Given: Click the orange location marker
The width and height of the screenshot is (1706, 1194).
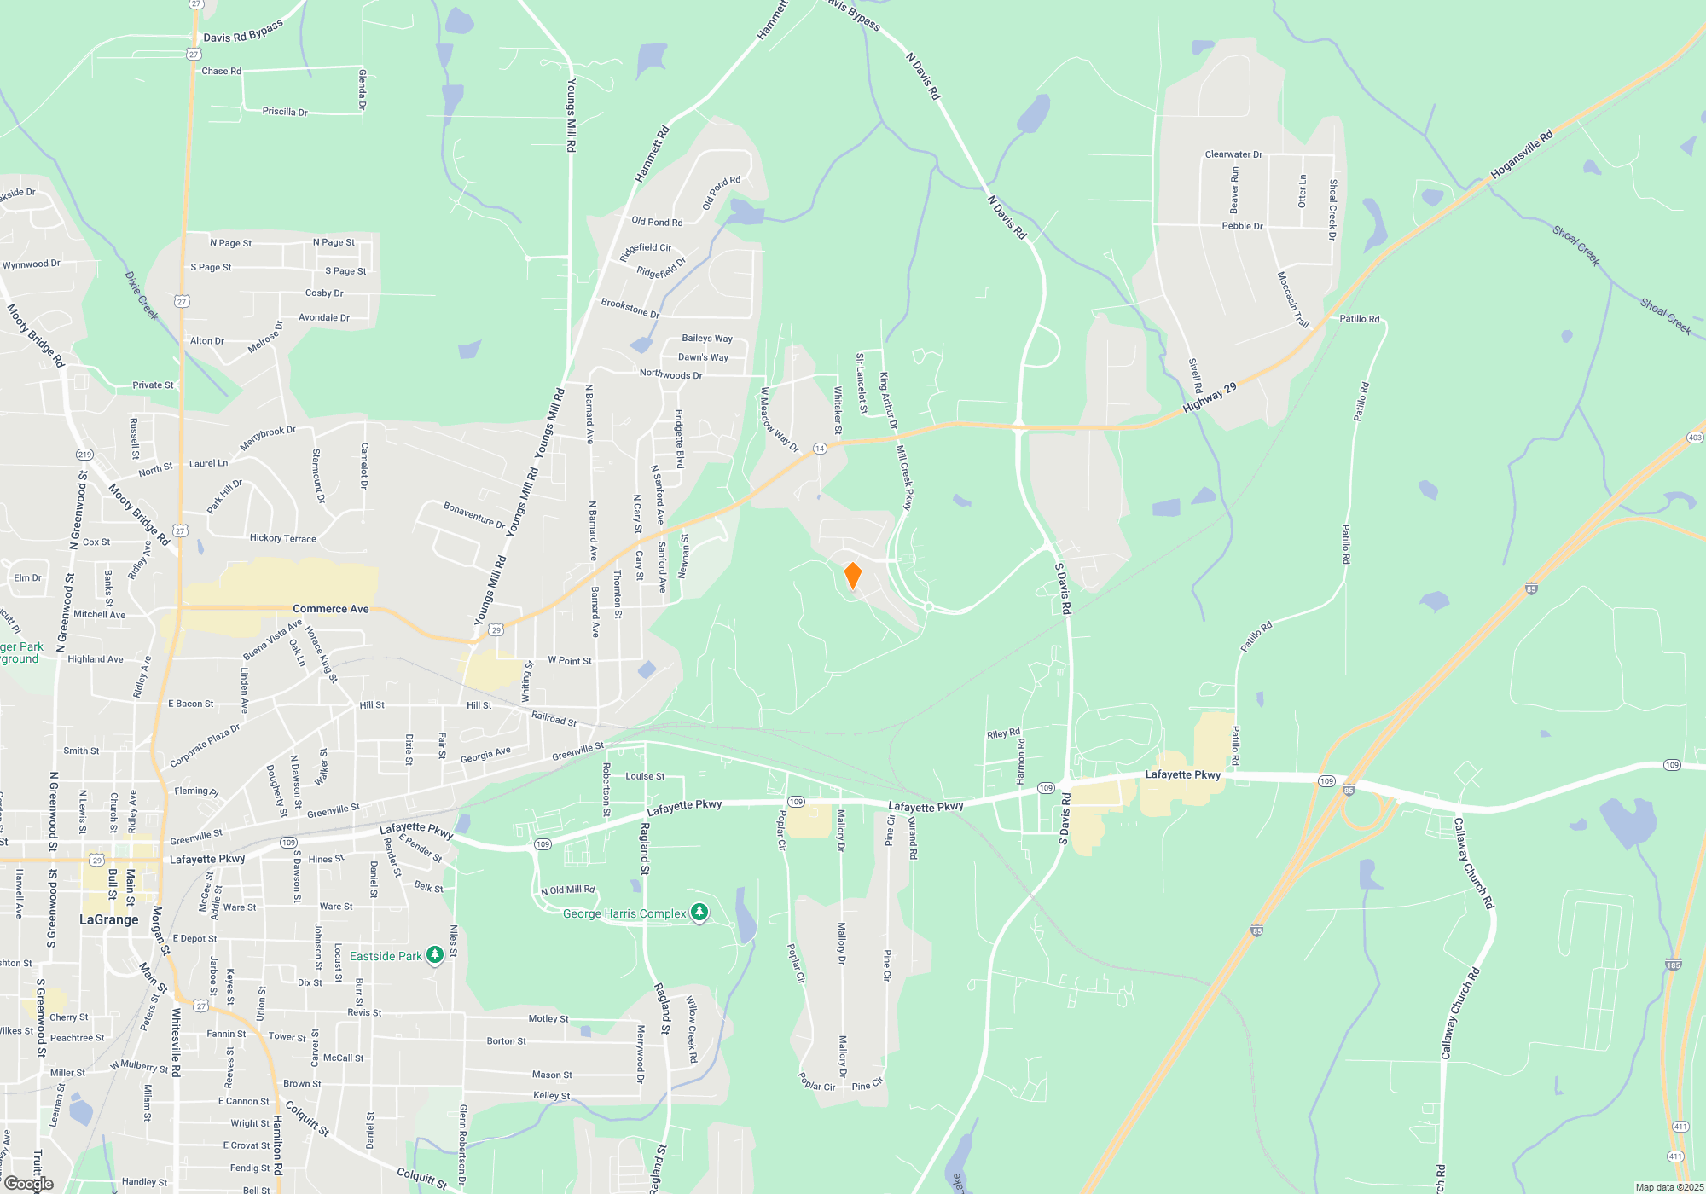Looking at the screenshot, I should pos(852,575).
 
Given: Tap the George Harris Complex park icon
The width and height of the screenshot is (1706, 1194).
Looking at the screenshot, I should pos(699,913).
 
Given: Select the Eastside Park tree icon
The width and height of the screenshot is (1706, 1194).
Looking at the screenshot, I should pos(435,955).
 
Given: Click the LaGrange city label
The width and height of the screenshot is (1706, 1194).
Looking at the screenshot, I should pos(108,919).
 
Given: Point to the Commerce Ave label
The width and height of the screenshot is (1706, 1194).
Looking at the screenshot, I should pos(331,609).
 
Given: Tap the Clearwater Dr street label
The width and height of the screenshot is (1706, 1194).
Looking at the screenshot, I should pos(1233,154).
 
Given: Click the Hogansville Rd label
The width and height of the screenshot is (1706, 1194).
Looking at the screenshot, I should pos(1522,154).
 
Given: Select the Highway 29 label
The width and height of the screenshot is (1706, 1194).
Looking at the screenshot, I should pos(1210,398).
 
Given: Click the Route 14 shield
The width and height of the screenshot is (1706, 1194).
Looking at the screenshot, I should pos(820,449).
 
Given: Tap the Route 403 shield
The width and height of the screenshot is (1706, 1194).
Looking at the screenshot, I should pos(1695,438).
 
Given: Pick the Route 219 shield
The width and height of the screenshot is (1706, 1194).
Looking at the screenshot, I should pos(84,455).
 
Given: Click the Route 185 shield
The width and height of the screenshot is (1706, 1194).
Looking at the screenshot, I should pos(1673,965).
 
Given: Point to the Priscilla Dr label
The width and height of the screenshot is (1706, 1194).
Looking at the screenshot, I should pos(285,112).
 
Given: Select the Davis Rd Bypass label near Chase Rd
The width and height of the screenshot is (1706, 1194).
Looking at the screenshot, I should pos(243,32).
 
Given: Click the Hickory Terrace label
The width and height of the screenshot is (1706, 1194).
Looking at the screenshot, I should pos(283,538).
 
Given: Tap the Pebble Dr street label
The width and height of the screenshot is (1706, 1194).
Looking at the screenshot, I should pos(1242,226).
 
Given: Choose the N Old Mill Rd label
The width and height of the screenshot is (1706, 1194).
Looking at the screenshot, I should pos(568,890).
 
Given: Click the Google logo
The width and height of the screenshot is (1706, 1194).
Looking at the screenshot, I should pos(29,1184).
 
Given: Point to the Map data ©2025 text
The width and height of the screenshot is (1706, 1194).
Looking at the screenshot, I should pos(1669,1187).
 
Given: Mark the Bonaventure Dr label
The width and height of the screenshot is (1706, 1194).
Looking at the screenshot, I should pos(474,514).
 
